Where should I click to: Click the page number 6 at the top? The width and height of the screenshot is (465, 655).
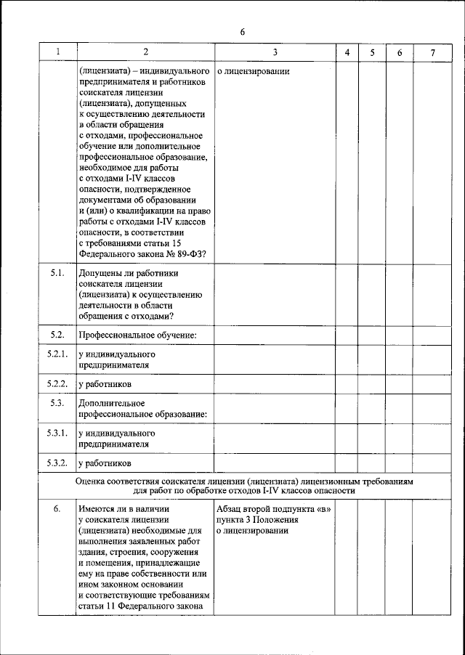[243, 32]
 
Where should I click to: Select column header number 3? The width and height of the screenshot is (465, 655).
[275, 52]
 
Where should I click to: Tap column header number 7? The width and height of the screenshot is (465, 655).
[433, 52]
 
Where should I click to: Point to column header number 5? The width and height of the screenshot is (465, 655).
[372, 52]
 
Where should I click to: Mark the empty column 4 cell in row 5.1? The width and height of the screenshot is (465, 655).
[347, 294]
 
